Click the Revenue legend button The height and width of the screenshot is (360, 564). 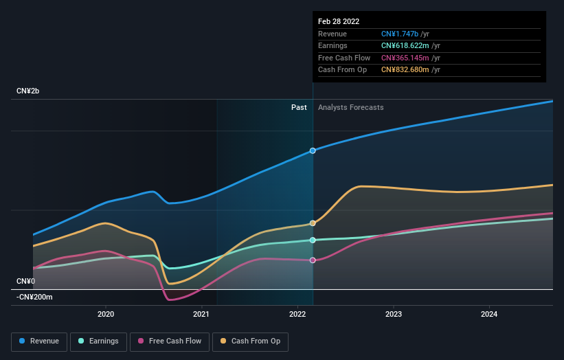[x=39, y=341]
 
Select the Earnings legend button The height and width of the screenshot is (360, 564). [x=98, y=341]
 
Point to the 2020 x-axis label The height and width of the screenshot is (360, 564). [x=106, y=315]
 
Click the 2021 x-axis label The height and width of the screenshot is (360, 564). [x=201, y=315]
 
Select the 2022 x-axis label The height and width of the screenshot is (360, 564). [x=297, y=315]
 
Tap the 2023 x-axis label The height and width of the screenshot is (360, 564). [x=393, y=315]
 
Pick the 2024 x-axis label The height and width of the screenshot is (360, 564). [x=489, y=315]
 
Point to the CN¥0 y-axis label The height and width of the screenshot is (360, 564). [x=25, y=281]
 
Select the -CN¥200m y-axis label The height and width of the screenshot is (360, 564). [x=34, y=297]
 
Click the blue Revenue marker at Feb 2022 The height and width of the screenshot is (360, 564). [x=313, y=150]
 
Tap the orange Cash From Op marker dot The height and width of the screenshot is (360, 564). [x=313, y=223]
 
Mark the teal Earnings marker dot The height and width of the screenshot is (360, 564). [x=313, y=240]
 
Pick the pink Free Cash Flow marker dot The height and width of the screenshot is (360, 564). [x=313, y=260]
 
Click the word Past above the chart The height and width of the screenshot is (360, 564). [x=299, y=107]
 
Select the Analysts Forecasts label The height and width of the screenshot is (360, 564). [x=350, y=107]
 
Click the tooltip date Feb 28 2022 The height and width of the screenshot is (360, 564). [x=339, y=21]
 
